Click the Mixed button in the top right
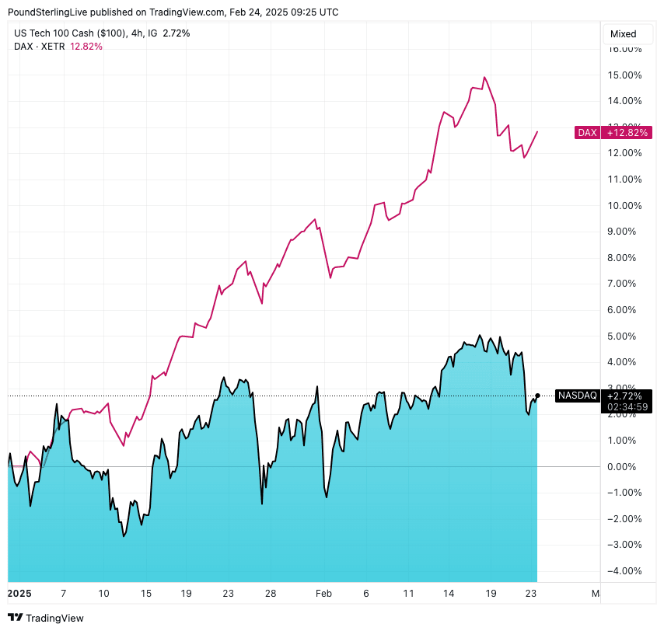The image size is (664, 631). (623, 34)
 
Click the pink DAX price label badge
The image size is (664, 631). (587, 133)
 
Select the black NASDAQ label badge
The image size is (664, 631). (578, 396)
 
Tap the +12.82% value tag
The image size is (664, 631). (626, 133)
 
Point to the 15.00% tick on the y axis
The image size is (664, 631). (625, 75)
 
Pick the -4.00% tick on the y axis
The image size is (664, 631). (626, 570)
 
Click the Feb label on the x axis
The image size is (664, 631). (324, 594)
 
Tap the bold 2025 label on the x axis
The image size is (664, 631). (19, 594)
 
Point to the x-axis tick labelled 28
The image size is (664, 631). (270, 594)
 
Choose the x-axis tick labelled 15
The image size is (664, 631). (145, 594)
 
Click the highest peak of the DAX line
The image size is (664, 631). (484, 77)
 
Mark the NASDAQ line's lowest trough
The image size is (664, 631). (124, 536)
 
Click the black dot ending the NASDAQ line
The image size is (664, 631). (537, 396)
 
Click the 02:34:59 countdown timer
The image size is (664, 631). (626, 406)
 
